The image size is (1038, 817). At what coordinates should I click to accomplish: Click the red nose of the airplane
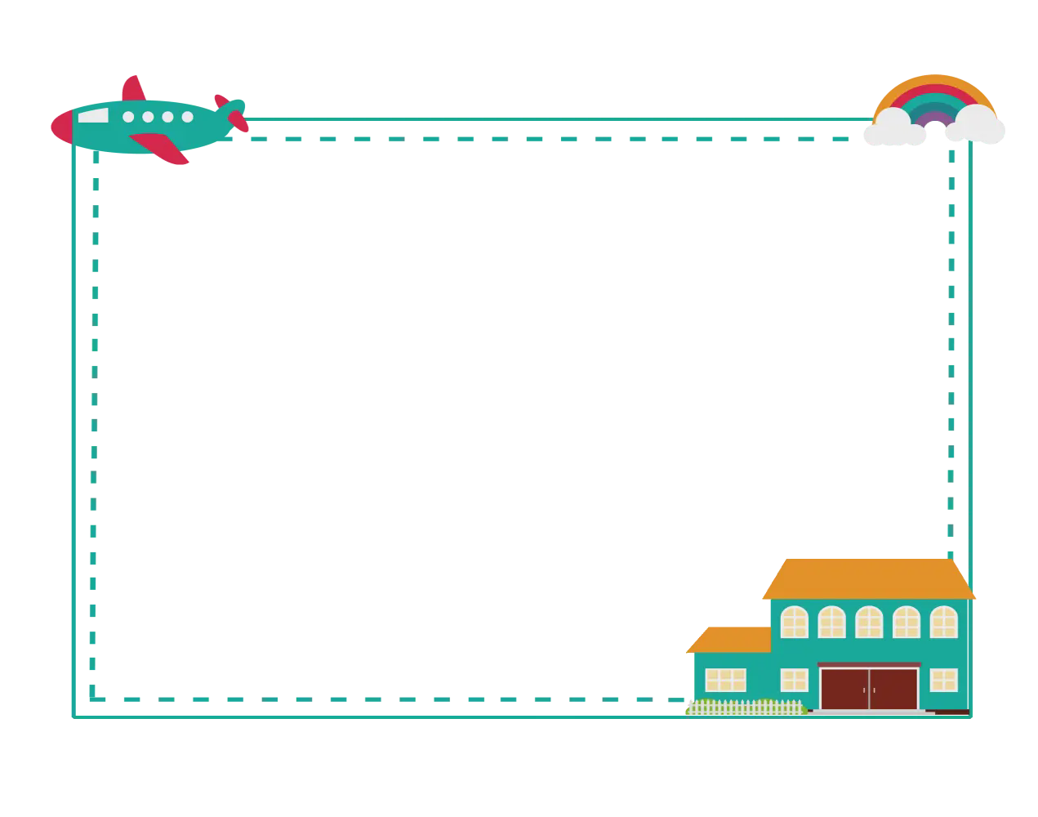60,126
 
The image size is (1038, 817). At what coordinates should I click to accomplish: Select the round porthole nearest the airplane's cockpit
128,117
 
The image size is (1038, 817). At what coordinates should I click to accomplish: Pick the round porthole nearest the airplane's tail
188,117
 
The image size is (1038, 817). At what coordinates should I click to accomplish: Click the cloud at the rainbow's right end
980,125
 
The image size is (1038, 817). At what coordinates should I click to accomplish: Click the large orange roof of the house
869,578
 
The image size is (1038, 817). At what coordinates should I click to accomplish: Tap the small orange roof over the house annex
729,639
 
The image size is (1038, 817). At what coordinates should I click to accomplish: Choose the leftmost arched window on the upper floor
794,623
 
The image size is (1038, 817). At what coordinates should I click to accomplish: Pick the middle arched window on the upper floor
869,623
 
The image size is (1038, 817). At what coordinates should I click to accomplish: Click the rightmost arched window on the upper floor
943,623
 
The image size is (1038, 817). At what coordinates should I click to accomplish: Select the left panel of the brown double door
844,689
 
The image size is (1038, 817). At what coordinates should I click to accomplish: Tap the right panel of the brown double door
893,689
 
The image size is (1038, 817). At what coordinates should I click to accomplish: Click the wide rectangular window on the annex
725,680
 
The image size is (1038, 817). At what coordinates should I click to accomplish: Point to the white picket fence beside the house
745,707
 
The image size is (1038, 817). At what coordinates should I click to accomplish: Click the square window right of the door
943,680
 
